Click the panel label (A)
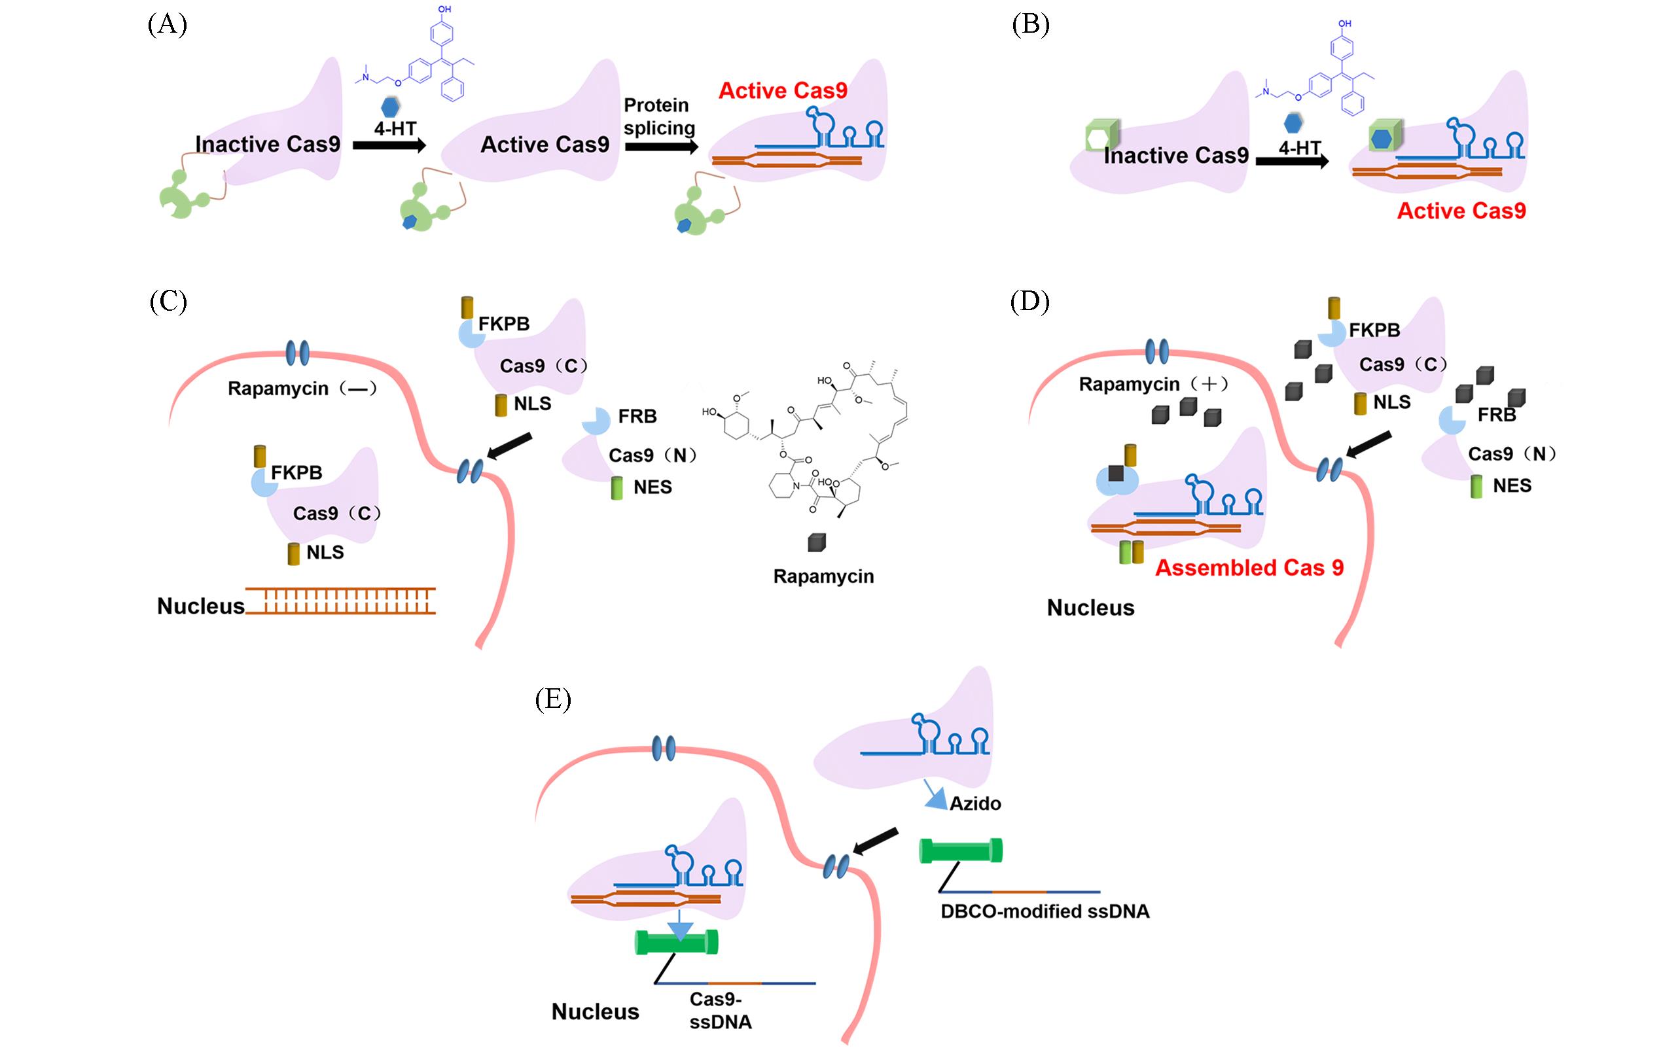(167, 25)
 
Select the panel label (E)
(552, 699)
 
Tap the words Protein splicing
(658, 116)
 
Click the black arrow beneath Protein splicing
(661, 146)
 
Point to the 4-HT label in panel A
(395, 130)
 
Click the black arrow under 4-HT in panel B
(1292, 161)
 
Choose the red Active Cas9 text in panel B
(1461, 211)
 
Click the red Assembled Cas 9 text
(1249, 568)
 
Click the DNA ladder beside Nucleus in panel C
(341, 601)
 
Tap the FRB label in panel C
(637, 416)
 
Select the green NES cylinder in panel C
(617, 488)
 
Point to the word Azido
(975, 803)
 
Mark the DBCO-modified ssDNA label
(1045, 911)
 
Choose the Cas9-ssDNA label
(720, 1010)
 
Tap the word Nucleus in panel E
(595, 1011)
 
